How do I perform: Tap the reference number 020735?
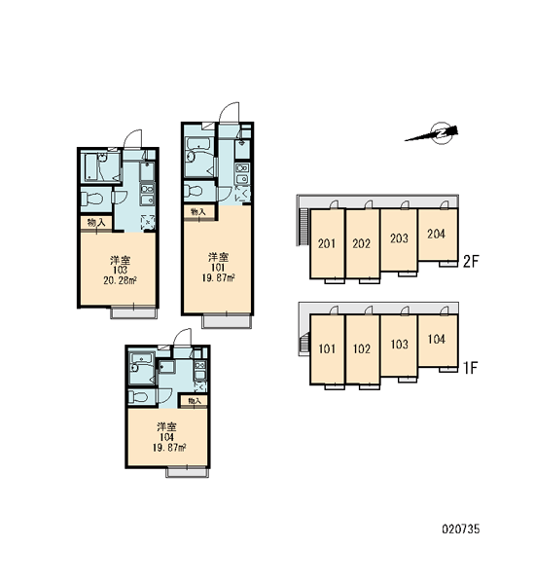point(461,529)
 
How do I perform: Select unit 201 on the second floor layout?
point(327,243)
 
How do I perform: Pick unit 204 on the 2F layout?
point(436,234)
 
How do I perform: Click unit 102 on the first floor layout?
point(362,349)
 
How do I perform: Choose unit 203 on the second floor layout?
point(399,238)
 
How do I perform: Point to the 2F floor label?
point(470,262)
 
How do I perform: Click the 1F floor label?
point(470,368)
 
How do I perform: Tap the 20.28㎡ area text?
point(120,280)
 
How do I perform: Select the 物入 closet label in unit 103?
point(96,223)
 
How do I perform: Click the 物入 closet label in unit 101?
point(198,211)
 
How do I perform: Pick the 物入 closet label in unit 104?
point(195,401)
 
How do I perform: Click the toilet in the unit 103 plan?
point(92,198)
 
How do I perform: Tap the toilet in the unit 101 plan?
point(195,191)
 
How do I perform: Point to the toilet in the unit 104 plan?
point(138,397)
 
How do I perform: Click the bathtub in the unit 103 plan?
point(91,167)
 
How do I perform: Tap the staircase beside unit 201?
point(303,226)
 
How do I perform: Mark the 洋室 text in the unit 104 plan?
point(166,427)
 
